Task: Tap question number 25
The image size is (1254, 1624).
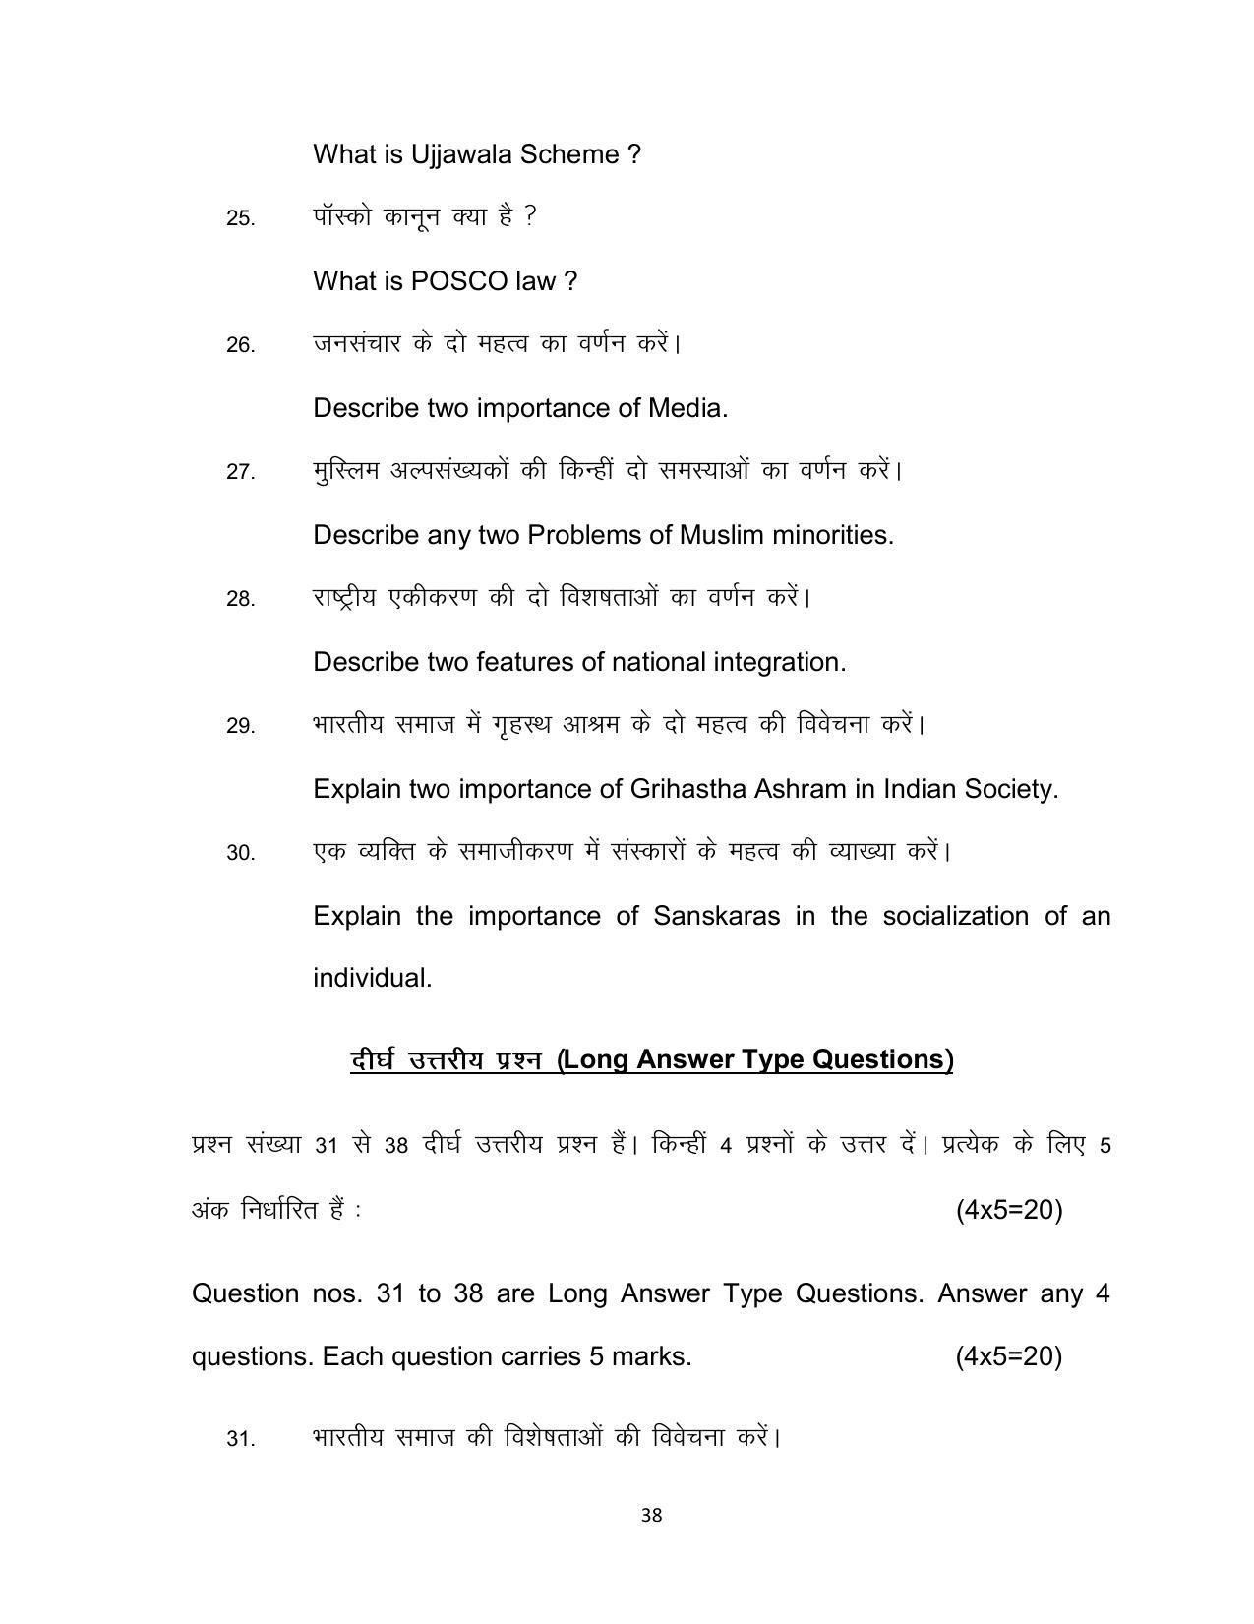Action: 241,218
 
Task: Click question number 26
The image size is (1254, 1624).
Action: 241,345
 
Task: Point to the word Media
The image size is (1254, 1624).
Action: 687,408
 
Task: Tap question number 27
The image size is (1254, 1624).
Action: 241,472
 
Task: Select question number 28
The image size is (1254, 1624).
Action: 241,599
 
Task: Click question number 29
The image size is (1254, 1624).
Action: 241,726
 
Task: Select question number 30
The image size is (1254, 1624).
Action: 241,853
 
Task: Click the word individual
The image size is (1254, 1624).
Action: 372,979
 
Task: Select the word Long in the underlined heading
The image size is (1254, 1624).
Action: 597,1059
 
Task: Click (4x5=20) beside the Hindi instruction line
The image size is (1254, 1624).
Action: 1009,1210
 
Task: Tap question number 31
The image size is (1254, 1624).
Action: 241,1439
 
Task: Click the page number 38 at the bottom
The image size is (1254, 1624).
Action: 651,1516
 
